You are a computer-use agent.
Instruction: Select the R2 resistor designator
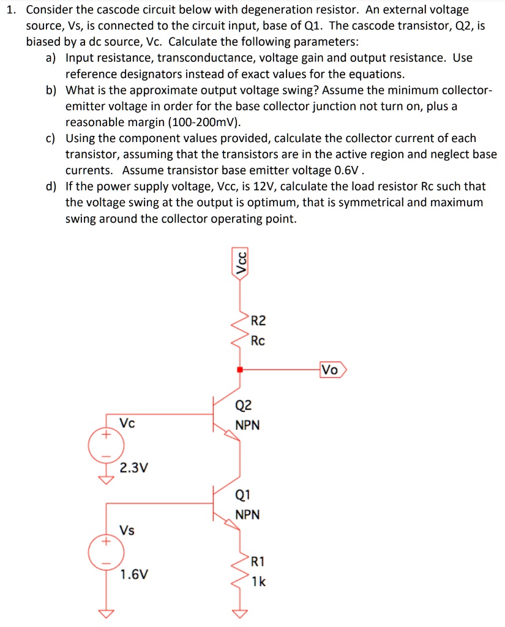(259, 320)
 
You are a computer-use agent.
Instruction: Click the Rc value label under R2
(258, 341)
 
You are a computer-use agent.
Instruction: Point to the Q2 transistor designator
(243, 405)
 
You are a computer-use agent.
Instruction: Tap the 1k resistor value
(258, 581)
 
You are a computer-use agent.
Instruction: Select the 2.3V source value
(133, 468)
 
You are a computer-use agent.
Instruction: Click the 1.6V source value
(133, 575)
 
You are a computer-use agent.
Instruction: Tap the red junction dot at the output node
(241, 370)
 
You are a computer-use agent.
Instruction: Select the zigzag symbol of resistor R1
(241, 571)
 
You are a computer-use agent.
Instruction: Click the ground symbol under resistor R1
(241, 612)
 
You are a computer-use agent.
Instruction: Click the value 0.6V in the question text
(349, 170)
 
